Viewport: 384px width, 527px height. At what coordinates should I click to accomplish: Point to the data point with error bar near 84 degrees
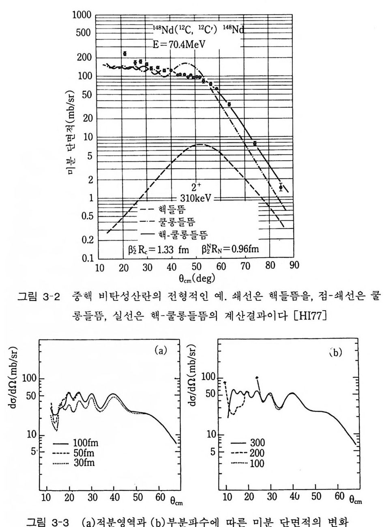coord(281,187)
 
